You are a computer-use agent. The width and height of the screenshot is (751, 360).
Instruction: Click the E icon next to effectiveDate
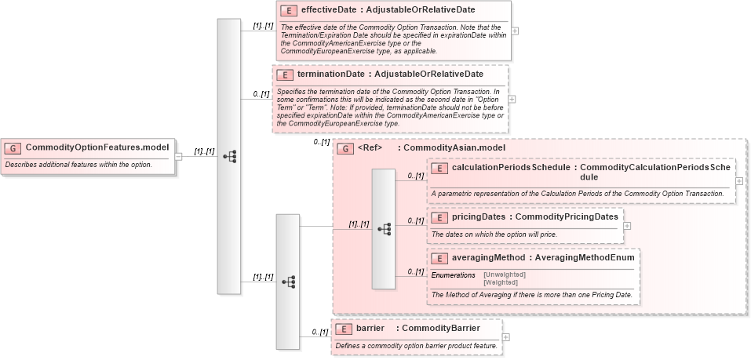pyautogui.click(x=289, y=12)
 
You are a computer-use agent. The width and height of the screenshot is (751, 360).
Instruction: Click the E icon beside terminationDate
pyautogui.click(x=285, y=75)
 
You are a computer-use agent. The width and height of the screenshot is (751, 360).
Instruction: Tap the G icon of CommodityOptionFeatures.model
pyautogui.click(x=13, y=147)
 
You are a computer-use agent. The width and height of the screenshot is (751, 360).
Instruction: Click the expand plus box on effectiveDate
pyautogui.click(x=515, y=31)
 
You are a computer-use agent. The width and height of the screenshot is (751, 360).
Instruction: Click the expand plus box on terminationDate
pyautogui.click(x=512, y=100)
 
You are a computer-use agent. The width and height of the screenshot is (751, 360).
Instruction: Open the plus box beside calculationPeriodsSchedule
pyautogui.click(x=739, y=181)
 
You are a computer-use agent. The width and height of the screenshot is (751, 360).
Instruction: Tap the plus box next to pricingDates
pyautogui.click(x=627, y=226)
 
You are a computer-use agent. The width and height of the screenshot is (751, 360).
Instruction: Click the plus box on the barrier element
pyautogui.click(x=505, y=337)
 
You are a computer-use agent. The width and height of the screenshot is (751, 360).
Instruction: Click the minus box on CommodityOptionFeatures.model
pyautogui.click(x=178, y=155)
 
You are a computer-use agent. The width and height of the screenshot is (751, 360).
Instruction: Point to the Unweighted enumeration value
pyautogui.click(x=505, y=275)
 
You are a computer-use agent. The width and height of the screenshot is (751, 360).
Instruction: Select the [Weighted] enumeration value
pyautogui.click(x=502, y=282)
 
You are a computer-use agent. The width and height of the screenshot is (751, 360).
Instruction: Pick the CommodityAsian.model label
pyautogui.click(x=454, y=147)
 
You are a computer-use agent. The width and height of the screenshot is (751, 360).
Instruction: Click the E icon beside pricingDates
pyautogui.click(x=439, y=217)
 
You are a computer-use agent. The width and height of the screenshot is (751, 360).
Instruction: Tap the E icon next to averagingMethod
pyautogui.click(x=439, y=257)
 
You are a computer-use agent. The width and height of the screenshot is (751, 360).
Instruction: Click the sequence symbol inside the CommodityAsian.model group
pyautogui.click(x=384, y=229)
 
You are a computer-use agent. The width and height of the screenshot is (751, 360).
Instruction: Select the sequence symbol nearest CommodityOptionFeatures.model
pyautogui.click(x=229, y=156)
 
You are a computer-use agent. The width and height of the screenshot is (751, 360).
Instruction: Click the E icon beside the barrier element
pyautogui.click(x=343, y=328)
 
